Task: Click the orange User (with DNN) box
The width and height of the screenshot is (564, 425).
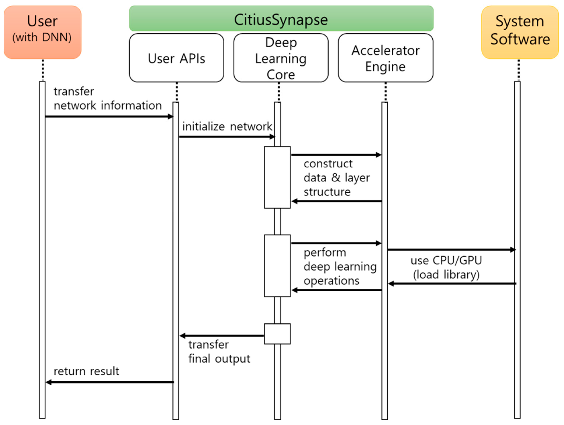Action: pyautogui.click(x=43, y=32)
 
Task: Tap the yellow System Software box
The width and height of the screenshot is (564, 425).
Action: pyautogui.click(x=520, y=32)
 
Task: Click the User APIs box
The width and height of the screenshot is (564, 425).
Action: pyautogui.click(x=177, y=58)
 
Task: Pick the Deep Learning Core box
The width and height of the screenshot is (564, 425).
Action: pyautogui.click(x=281, y=58)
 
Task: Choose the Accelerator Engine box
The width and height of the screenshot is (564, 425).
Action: pyautogui.click(x=385, y=58)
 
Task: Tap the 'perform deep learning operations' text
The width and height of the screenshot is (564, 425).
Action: pyautogui.click(x=340, y=267)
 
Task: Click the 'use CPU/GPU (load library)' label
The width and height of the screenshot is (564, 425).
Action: pyautogui.click(x=446, y=267)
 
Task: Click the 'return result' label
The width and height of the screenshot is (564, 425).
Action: pyautogui.click(x=86, y=371)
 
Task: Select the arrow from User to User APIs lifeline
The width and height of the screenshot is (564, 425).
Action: pyautogui.click(x=109, y=117)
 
